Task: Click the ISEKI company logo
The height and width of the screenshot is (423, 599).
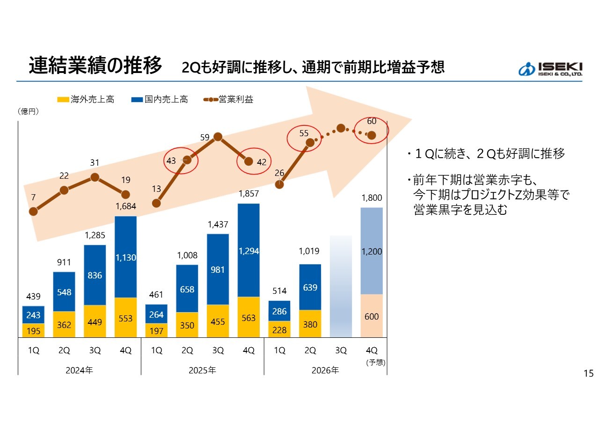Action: pos(550,69)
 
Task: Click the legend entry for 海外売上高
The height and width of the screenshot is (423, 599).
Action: pos(86,100)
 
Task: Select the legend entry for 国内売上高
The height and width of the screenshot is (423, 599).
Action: pos(160,100)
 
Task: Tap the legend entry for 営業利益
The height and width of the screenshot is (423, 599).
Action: pos(228,100)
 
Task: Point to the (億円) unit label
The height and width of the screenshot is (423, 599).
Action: pos(28,111)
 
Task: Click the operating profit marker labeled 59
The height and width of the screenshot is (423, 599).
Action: pos(218,137)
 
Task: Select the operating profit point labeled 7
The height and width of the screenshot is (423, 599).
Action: pos(33,211)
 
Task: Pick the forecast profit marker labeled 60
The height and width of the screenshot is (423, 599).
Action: pos(372,135)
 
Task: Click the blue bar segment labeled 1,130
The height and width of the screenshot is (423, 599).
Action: pos(126,257)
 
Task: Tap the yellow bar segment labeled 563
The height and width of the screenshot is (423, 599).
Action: pos(248,317)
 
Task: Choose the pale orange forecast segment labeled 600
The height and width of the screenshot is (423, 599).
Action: pos(372,316)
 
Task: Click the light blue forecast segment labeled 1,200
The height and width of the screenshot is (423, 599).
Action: pos(372,251)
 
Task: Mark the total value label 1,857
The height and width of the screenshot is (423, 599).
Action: pos(248,194)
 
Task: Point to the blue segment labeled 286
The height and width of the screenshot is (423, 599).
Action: pos(279,311)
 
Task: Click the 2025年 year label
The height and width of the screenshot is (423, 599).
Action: pos(202,370)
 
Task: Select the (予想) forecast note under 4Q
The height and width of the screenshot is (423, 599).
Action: pos(376,362)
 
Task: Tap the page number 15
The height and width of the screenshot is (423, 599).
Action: pos(589,373)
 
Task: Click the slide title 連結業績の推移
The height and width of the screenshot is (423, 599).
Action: pos(95,66)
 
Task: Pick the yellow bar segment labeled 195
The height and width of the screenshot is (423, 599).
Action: pos(33,330)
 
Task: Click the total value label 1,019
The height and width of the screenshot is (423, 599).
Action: pos(309,251)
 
